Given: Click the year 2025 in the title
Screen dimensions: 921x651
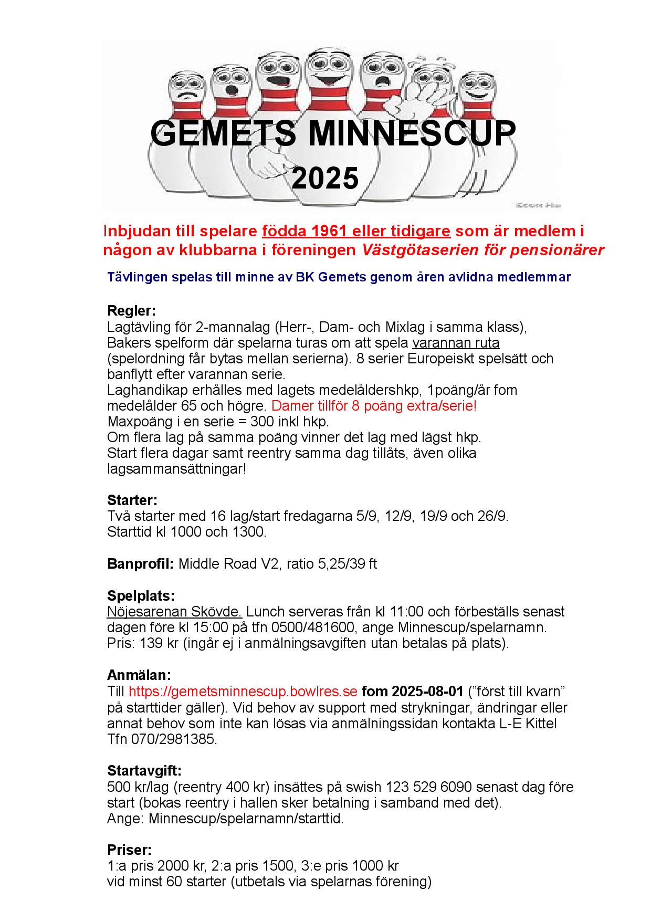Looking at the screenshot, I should (325, 178).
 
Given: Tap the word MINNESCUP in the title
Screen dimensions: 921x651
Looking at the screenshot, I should (411, 133).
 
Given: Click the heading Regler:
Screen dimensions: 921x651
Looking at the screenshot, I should (131, 310).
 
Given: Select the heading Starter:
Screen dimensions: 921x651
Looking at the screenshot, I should (132, 499).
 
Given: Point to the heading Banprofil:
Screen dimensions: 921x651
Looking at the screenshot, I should (140, 564).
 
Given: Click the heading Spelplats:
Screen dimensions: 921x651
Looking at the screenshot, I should (141, 595).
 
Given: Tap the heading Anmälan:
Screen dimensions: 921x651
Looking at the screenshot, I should (139, 675).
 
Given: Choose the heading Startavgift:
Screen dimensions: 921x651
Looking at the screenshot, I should (144, 771).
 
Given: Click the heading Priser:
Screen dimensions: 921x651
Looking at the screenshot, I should (129, 850).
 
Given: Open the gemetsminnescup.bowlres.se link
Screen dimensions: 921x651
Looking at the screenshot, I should (243, 690).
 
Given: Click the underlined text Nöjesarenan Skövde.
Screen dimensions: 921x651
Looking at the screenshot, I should (174, 612).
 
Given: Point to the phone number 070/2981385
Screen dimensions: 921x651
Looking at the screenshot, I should (173, 739).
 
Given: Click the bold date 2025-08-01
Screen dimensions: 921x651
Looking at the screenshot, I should (427, 690).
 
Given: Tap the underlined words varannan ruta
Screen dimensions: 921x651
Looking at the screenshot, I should (456, 343).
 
